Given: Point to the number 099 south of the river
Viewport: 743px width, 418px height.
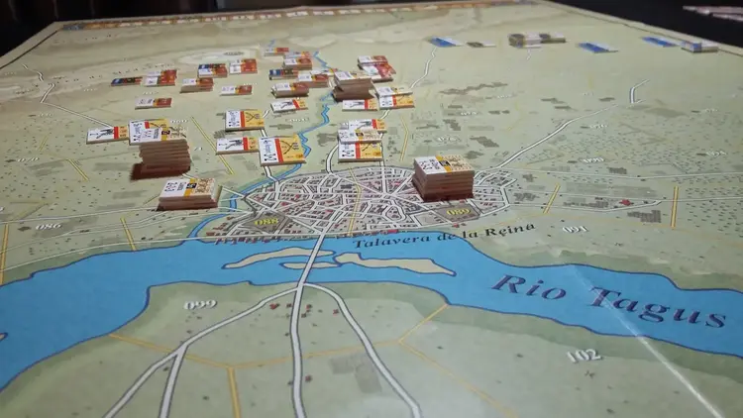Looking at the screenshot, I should (x=199, y=304).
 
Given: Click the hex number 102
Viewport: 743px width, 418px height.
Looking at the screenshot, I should (x=584, y=355).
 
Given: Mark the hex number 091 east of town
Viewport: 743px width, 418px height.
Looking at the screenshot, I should (x=575, y=229).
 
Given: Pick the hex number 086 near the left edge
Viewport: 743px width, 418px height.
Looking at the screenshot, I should (x=48, y=226).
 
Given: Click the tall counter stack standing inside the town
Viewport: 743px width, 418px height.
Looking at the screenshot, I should (x=443, y=176).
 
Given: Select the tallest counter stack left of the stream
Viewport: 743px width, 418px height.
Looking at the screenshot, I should (x=162, y=149).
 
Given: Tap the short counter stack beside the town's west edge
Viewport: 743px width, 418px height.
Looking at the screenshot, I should (x=187, y=192).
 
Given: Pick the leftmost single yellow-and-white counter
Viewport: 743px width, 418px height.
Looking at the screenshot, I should (x=106, y=134).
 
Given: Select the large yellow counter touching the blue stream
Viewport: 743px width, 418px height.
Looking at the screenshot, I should (x=282, y=150).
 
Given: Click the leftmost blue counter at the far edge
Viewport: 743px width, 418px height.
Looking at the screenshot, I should (x=443, y=42).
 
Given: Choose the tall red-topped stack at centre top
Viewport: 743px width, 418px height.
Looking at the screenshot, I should (x=353, y=84).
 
